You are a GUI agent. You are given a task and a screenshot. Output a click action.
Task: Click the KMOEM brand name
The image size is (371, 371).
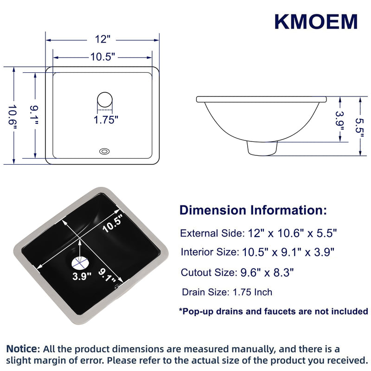316,22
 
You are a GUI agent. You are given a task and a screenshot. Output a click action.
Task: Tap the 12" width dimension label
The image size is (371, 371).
102,39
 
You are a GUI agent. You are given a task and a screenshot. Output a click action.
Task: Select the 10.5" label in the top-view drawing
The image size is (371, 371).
102,57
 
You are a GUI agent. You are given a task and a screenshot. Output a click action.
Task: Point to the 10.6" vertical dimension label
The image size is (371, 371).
13,117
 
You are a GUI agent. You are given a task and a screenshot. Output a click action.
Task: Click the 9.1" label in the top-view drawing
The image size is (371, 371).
34,115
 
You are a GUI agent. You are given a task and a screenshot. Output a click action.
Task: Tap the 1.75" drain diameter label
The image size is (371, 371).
106,120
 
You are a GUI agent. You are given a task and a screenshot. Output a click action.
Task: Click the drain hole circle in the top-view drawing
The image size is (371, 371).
105,100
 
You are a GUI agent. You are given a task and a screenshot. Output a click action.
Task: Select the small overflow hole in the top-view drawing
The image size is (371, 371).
104,151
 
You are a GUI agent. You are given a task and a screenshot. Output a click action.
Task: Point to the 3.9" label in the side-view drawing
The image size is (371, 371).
340,122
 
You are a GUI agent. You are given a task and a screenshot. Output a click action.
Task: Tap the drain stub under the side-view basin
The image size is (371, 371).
262,148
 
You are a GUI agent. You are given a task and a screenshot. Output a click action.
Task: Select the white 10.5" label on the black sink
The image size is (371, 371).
113,224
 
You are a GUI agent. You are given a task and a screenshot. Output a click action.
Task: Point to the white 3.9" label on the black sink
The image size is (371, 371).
82,276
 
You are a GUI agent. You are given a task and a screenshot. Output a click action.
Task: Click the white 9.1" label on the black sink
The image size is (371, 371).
107,275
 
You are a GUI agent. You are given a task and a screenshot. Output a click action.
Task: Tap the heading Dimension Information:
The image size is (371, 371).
253,210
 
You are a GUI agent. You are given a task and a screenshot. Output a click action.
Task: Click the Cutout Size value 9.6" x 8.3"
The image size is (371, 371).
267,273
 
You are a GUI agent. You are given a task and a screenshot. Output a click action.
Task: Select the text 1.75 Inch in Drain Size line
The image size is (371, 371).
252,292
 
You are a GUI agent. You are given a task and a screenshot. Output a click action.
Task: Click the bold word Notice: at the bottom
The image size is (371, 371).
23,349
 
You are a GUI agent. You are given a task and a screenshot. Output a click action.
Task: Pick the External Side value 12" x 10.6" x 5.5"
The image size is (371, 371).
292,233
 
